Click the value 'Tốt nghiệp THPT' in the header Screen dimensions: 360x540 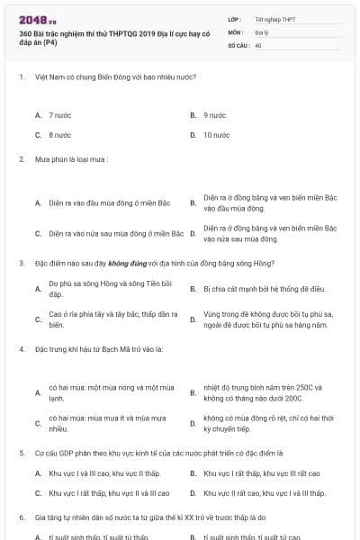point(274,18)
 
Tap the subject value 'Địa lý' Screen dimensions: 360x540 point(262,31)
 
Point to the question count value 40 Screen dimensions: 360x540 point(258,43)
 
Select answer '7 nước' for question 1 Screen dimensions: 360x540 point(60,115)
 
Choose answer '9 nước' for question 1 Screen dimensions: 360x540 point(214,115)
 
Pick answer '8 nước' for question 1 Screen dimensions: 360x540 point(60,134)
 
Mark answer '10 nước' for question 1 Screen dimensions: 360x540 point(216,134)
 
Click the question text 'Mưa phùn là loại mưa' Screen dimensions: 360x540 point(71,159)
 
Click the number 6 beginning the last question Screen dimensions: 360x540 point(21,517)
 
